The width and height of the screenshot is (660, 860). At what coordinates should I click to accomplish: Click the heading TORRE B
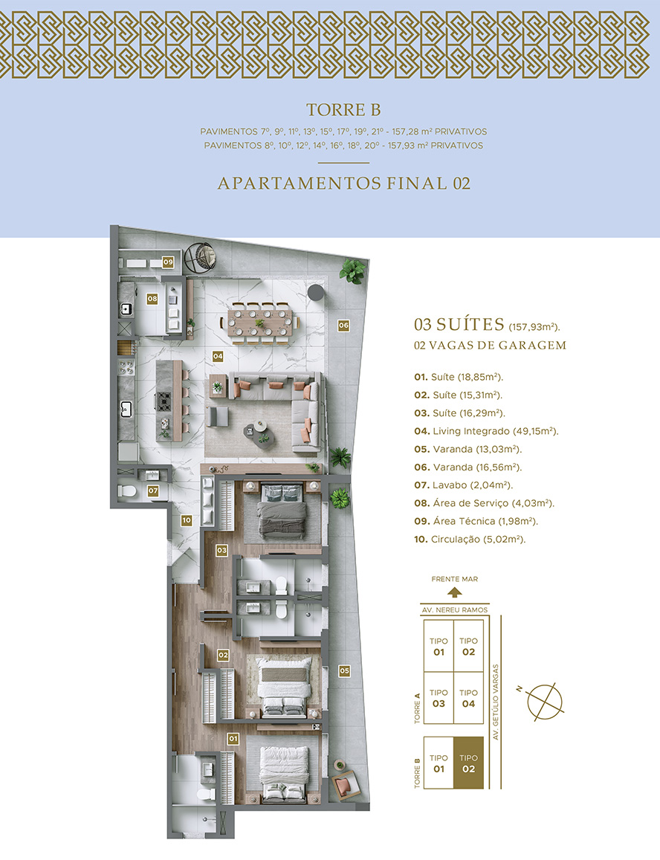[343, 110]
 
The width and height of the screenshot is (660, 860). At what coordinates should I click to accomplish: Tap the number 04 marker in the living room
[218, 357]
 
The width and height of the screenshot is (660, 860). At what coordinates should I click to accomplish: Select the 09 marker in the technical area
[168, 262]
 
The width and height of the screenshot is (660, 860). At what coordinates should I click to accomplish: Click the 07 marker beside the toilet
[152, 491]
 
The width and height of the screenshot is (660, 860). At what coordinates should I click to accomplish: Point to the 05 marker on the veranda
[344, 670]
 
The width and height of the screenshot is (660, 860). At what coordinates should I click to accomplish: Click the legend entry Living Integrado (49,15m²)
[486, 431]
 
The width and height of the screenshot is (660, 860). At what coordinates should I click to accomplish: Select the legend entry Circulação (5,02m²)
[470, 539]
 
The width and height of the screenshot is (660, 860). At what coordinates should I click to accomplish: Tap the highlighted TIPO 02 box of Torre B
[468, 763]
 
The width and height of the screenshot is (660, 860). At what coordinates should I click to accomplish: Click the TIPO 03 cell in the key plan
[439, 698]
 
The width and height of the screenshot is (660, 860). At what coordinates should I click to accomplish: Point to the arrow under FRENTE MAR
[454, 592]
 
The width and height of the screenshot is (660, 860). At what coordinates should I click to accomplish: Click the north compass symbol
[544, 702]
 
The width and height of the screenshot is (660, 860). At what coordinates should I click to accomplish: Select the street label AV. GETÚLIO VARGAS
[496, 702]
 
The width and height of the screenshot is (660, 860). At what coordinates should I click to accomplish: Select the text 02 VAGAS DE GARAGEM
[490, 346]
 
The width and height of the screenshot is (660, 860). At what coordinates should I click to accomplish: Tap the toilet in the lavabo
[127, 491]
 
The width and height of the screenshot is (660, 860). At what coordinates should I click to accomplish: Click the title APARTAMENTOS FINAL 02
[344, 183]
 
